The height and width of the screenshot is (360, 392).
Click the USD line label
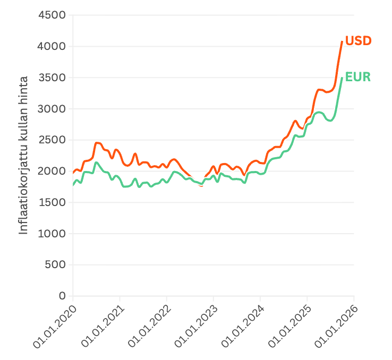click(x=358, y=41)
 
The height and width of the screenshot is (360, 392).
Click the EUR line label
click(x=358, y=77)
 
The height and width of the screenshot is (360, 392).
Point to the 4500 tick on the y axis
click(x=52, y=15)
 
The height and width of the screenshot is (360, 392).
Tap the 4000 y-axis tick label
click(x=52, y=46)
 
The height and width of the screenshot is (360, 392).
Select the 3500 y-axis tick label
click(x=52, y=78)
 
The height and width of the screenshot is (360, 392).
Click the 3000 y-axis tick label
click(x=52, y=109)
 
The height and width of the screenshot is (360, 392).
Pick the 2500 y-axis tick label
click(x=52, y=140)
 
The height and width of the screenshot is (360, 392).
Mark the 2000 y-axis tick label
click(x=52, y=171)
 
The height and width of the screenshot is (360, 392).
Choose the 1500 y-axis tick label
click(x=52, y=202)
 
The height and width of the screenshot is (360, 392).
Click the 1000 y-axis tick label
click(x=52, y=234)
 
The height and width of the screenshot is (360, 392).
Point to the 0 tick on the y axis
click(x=62, y=296)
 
